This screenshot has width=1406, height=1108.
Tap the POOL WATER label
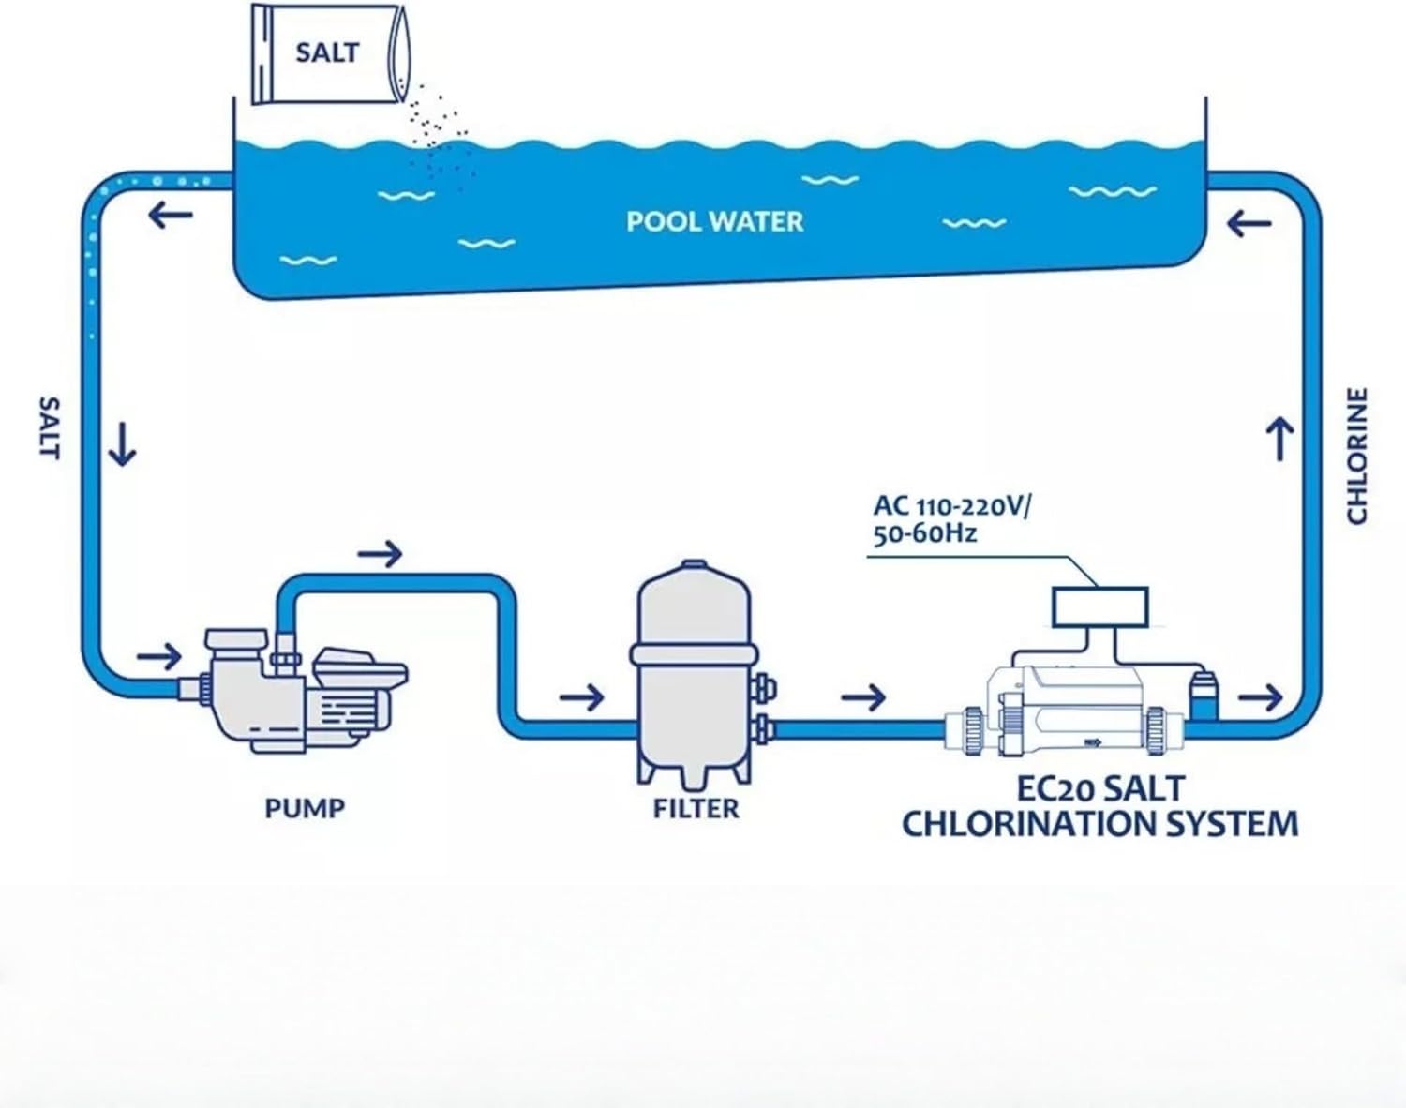click(714, 222)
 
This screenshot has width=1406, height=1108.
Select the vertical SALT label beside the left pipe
click(50, 427)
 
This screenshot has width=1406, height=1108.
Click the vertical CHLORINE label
click(1357, 456)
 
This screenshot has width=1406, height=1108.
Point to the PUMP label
click(305, 808)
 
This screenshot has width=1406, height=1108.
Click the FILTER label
click(696, 808)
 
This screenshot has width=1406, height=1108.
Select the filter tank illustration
click(695, 670)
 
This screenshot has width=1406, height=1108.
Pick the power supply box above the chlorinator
click(1100, 607)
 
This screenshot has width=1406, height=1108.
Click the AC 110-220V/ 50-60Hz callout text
click(950, 519)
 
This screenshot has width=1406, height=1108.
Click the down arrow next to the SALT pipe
click(122, 443)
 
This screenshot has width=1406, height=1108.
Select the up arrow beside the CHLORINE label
click(1280, 438)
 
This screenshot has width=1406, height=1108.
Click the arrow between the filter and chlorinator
click(863, 697)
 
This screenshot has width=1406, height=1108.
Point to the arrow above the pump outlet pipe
click(380, 554)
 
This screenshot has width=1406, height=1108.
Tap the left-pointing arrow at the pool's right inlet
click(1249, 223)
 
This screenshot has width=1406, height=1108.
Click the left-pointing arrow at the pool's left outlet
click(171, 216)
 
